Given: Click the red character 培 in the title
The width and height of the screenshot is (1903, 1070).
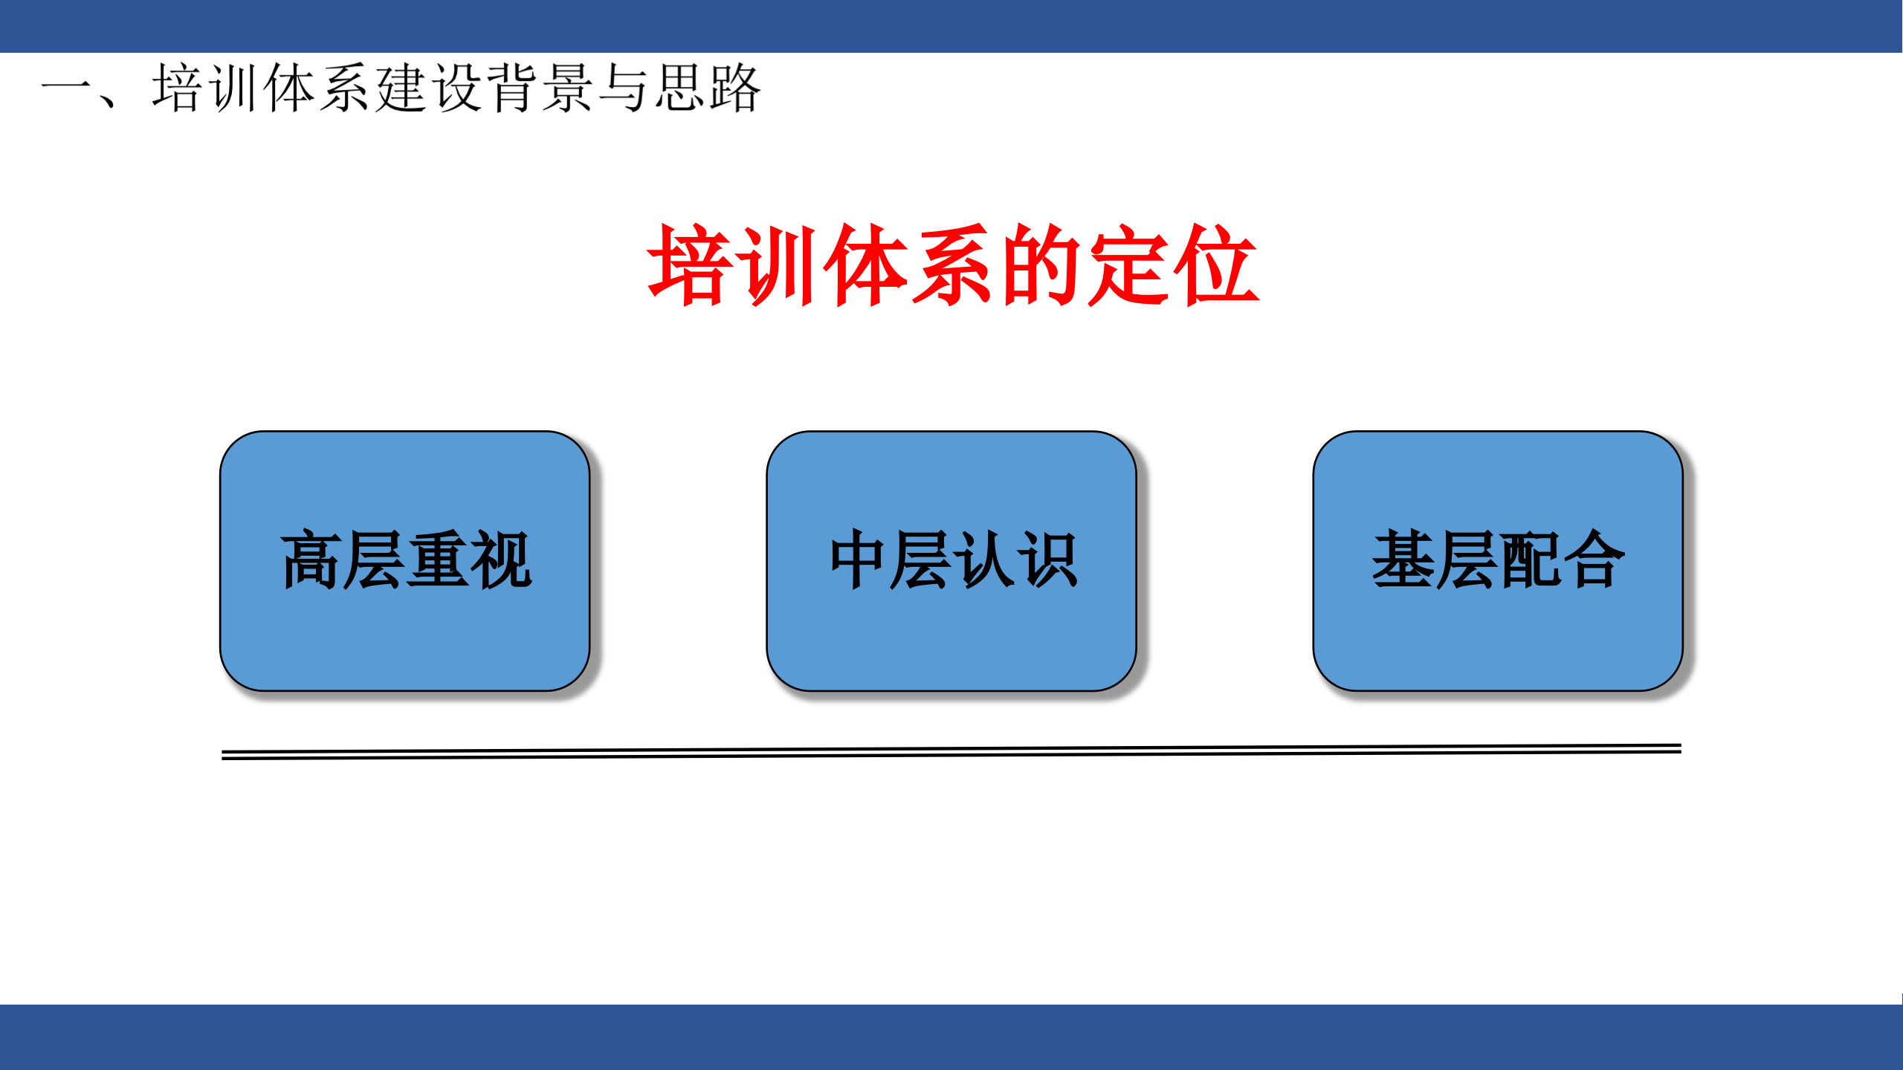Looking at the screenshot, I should pos(690,265).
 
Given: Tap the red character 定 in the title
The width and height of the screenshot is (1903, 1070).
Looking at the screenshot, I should pos(1130,265).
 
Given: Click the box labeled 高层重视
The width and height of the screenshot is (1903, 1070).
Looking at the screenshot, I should pos(405,632).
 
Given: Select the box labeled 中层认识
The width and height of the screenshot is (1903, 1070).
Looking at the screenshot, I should pos(951,632).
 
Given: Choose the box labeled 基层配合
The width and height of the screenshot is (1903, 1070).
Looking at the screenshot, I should pos(1498,632).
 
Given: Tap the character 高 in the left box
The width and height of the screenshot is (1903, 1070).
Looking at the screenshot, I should pos(311,560).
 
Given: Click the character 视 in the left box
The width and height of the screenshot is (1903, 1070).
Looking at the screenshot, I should pos(500,560).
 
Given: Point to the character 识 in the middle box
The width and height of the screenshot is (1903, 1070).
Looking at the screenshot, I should pos(1047,560).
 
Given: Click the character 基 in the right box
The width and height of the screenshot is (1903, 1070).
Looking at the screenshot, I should pos(1403,560).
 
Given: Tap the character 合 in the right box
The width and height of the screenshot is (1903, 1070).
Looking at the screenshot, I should pos(1593,560).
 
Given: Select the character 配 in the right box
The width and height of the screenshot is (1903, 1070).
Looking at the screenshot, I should pos(1530,560).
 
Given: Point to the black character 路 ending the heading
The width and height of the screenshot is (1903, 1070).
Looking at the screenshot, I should pos(734,89).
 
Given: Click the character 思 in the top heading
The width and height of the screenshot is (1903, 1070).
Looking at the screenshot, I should pos(679,89).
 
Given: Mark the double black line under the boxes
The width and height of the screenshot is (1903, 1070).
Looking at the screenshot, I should pos(951,751).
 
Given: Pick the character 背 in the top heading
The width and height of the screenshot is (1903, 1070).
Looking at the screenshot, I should pos(513,89).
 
